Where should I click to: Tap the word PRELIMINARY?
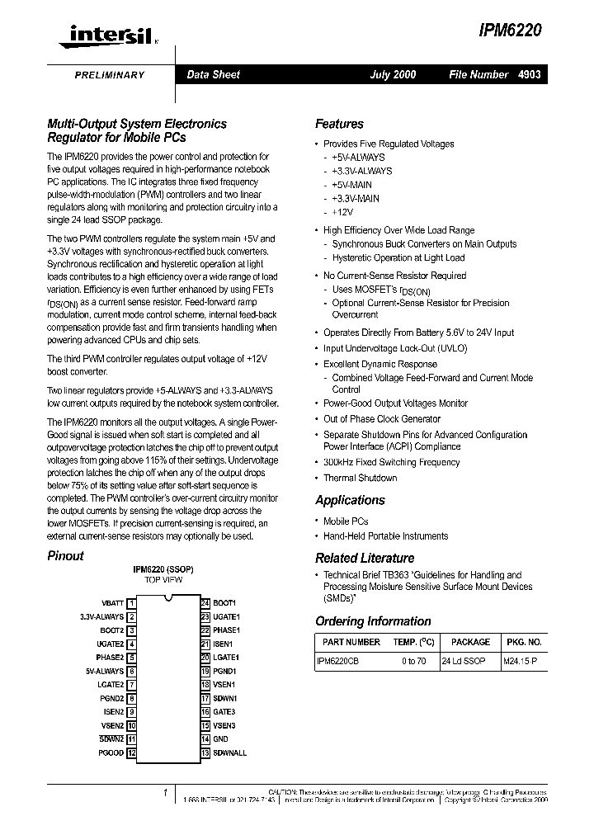pos(110,75)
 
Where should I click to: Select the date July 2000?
pos(393,75)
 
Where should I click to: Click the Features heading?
pos(339,125)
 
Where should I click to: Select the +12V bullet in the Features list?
pos(342,213)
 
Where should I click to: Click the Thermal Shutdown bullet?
pos(360,479)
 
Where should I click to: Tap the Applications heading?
pos(350,501)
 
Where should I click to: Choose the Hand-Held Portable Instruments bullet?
pos(385,536)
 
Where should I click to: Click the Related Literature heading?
pos(365,559)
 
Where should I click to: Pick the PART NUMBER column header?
pos(351,642)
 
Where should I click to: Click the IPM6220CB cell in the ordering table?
pos(338,662)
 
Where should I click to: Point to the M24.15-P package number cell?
pos(520,662)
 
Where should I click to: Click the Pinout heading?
pos(65,556)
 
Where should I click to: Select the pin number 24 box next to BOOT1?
pos(205,603)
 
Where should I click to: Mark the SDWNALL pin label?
pos(229,753)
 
